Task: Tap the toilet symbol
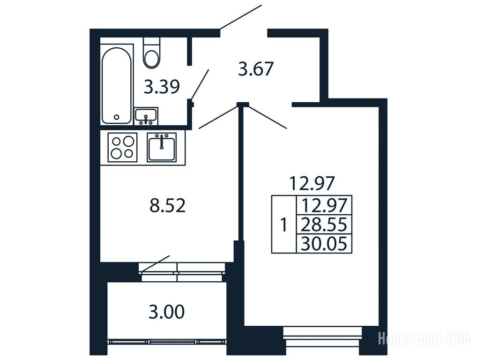coord(151,53)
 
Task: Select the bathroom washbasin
coord(146,116)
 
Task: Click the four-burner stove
coord(123,147)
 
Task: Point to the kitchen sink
coord(162,147)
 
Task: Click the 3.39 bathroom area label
coord(162,87)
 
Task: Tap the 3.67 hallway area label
coord(256,69)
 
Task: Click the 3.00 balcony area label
coord(167,312)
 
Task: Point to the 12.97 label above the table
coord(312,183)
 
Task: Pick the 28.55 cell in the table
coord(324,225)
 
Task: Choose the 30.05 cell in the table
coord(324,243)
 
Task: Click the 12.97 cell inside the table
coord(324,205)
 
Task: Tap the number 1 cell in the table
coord(284,225)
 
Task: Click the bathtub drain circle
coord(117,117)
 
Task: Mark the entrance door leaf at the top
coord(241,17)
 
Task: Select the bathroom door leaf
coord(200,85)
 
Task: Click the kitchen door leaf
coord(218,117)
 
